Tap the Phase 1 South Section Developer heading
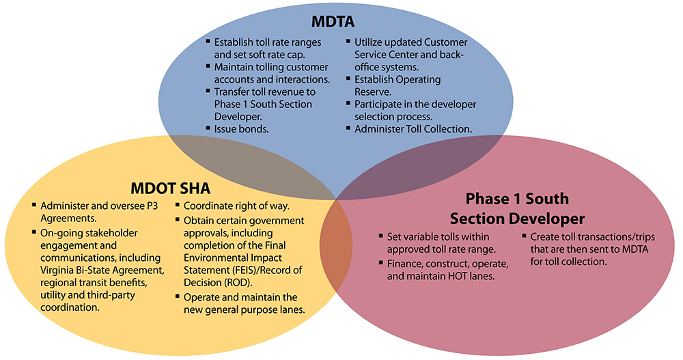[516, 209]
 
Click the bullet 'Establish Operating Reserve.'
[398, 85]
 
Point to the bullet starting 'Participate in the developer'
[415, 110]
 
